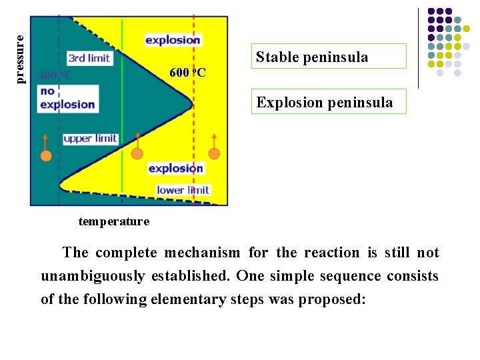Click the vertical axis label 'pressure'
(x=21, y=60)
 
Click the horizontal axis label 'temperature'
(x=113, y=221)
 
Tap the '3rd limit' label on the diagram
(x=89, y=58)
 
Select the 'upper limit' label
(x=90, y=139)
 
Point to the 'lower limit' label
(x=183, y=190)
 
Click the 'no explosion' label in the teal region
(x=67, y=97)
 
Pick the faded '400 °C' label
(x=55, y=75)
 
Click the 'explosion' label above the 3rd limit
(x=173, y=40)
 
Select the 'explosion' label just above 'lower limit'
(x=175, y=168)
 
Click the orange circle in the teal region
(x=46, y=156)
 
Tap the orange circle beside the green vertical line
(x=137, y=153)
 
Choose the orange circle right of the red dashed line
(x=214, y=153)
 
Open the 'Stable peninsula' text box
(x=328, y=57)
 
